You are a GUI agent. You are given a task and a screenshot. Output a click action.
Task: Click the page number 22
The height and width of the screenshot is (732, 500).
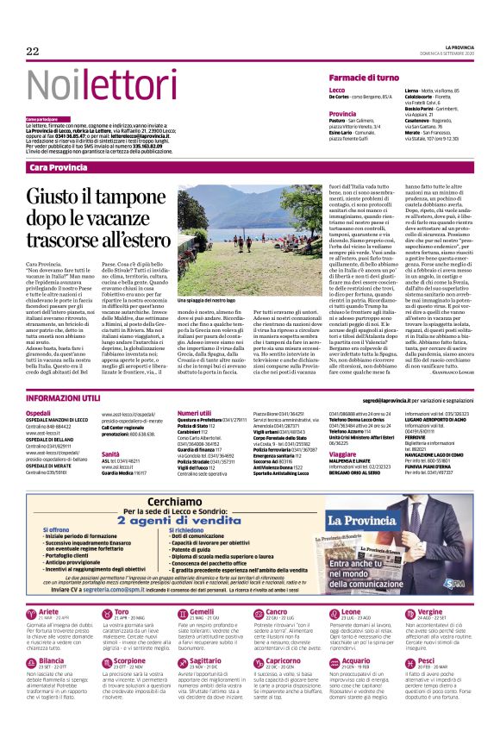(x=33, y=52)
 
